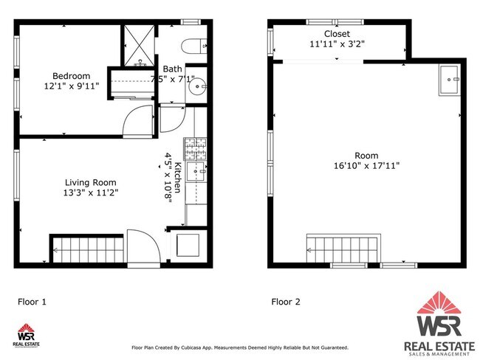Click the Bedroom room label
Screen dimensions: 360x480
[71, 75]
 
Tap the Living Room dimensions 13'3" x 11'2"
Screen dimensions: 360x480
[90, 193]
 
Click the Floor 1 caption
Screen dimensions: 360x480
[32, 301]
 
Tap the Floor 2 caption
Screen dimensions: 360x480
[287, 301]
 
